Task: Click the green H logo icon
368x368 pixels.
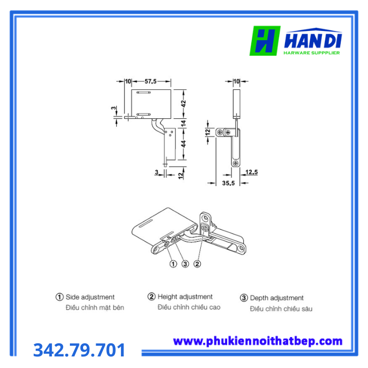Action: (x=265, y=40)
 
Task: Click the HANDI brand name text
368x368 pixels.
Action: (x=313, y=40)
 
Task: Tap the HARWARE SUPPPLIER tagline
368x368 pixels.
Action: (x=312, y=53)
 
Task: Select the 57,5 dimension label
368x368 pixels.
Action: (x=150, y=81)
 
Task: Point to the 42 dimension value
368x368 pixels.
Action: (x=184, y=104)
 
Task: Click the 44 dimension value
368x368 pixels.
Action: (x=184, y=144)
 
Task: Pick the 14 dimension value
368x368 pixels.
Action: (x=184, y=123)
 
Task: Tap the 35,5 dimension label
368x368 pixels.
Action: (x=228, y=183)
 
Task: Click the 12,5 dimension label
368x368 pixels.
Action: (x=252, y=172)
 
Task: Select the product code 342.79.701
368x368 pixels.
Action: (x=79, y=350)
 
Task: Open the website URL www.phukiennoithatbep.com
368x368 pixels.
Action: (x=258, y=341)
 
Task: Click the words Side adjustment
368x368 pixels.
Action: (x=90, y=297)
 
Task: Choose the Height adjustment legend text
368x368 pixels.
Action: (x=185, y=297)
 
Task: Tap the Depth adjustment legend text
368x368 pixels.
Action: (x=277, y=298)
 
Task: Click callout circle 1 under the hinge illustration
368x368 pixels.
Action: (x=173, y=264)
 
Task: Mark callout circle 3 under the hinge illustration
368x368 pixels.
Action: (x=185, y=264)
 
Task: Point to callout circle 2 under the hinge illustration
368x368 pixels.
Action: (x=197, y=264)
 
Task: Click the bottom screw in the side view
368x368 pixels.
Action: (x=236, y=163)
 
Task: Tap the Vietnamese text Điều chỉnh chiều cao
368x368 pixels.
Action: (x=189, y=307)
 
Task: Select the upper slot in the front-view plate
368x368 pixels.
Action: (x=144, y=93)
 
